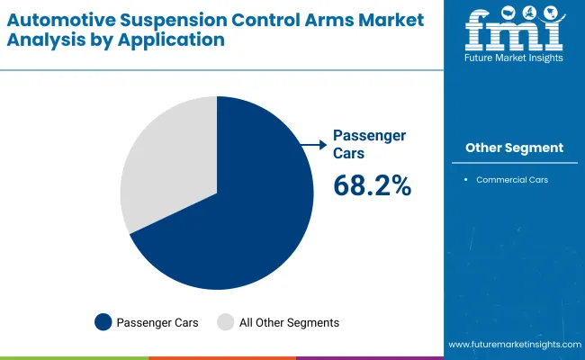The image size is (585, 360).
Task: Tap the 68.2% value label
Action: [372, 185]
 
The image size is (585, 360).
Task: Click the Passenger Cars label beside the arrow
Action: [369, 143]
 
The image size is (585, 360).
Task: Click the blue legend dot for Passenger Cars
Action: [103, 321]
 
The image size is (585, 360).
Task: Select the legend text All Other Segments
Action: [289, 321]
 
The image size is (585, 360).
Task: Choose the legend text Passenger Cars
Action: [158, 321]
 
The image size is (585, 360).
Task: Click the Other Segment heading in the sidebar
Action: [514, 148]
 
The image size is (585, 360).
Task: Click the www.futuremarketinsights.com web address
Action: [513, 345]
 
